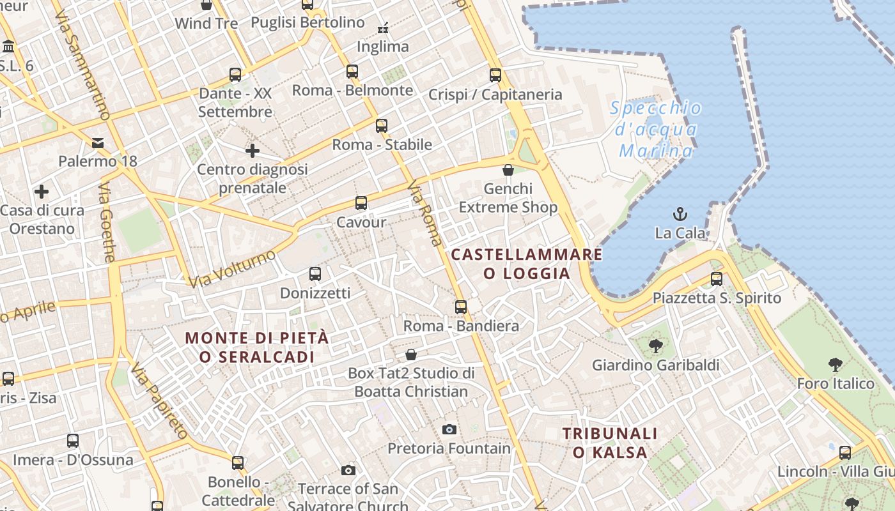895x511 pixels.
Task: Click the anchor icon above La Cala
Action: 680,214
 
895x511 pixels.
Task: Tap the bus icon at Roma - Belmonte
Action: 352,71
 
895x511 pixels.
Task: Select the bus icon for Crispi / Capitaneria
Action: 495,75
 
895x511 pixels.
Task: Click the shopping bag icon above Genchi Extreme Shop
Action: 508,170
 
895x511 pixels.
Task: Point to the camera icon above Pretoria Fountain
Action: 449,429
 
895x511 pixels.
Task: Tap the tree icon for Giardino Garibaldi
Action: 655,346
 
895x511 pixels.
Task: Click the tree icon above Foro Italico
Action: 835,365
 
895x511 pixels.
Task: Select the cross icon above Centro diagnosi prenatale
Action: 253,151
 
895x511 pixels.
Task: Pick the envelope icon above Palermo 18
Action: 98,142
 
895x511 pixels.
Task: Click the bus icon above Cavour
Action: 361,203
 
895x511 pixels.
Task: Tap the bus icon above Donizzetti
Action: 315,274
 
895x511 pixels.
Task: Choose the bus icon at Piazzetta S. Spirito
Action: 717,279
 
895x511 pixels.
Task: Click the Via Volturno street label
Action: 232,268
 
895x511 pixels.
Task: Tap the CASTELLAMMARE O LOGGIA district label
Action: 527,264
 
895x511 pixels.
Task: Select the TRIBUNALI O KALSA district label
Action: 610,443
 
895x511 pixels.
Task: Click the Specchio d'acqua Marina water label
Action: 656,129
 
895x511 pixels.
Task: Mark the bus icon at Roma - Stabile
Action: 382,125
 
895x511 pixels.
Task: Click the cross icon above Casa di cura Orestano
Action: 42,192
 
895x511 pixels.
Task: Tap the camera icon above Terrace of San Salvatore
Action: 348,471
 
